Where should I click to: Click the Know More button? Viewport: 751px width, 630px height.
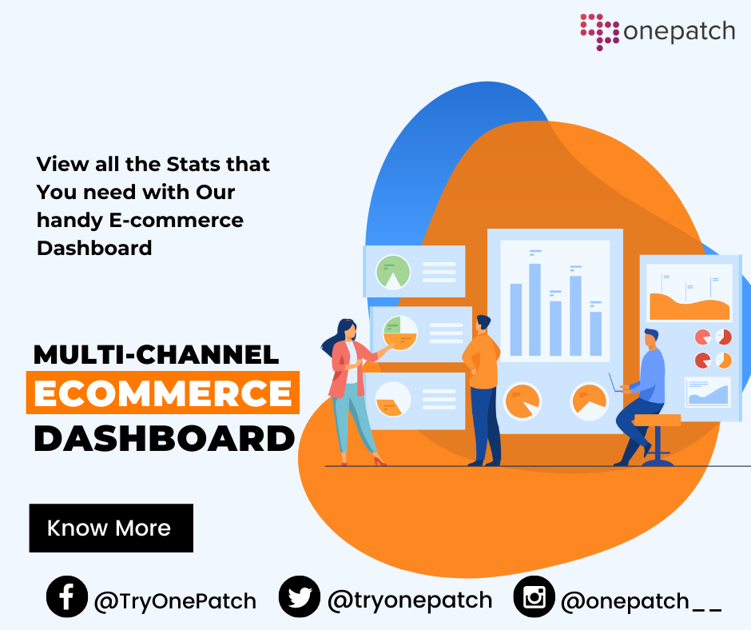[111, 528]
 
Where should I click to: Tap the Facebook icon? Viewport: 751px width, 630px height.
[67, 596]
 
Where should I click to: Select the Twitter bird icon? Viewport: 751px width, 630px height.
[300, 596]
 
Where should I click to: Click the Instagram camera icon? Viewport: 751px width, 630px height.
[534, 596]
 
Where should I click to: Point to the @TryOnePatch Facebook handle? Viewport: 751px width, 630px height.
[175, 601]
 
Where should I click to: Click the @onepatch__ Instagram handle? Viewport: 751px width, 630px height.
[641, 601]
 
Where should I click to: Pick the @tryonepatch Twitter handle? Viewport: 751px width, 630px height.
[410, 600]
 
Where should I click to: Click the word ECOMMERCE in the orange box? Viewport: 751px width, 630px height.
[163, 393]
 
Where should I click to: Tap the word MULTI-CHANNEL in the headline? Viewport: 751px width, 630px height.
[156, 355]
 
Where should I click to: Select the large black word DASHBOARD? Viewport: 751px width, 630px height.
[165, 438]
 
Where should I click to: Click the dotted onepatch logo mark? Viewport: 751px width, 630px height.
[600, 32]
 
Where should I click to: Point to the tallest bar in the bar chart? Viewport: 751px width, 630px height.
[535, 309]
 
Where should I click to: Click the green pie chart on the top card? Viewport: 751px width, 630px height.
[393, 273]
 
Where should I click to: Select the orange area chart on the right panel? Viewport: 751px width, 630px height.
[689, 307]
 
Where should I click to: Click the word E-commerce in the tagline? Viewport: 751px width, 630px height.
[177, 220]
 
